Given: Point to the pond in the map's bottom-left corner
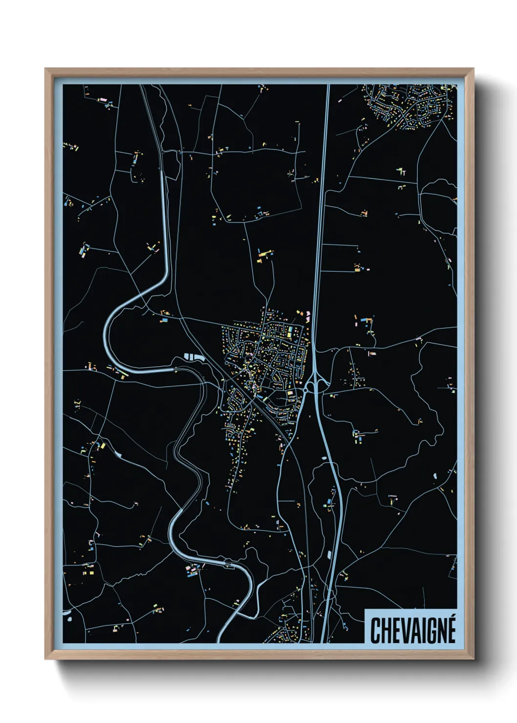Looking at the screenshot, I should pos(68,617).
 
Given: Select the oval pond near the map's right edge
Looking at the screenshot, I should pos(434,475).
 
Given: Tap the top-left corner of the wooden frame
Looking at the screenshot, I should pos(46,69).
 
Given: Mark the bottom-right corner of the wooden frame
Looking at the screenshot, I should pos(473,659).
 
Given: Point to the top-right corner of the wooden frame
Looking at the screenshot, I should pos(473,69).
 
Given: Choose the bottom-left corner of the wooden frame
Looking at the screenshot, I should pos(46,659).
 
